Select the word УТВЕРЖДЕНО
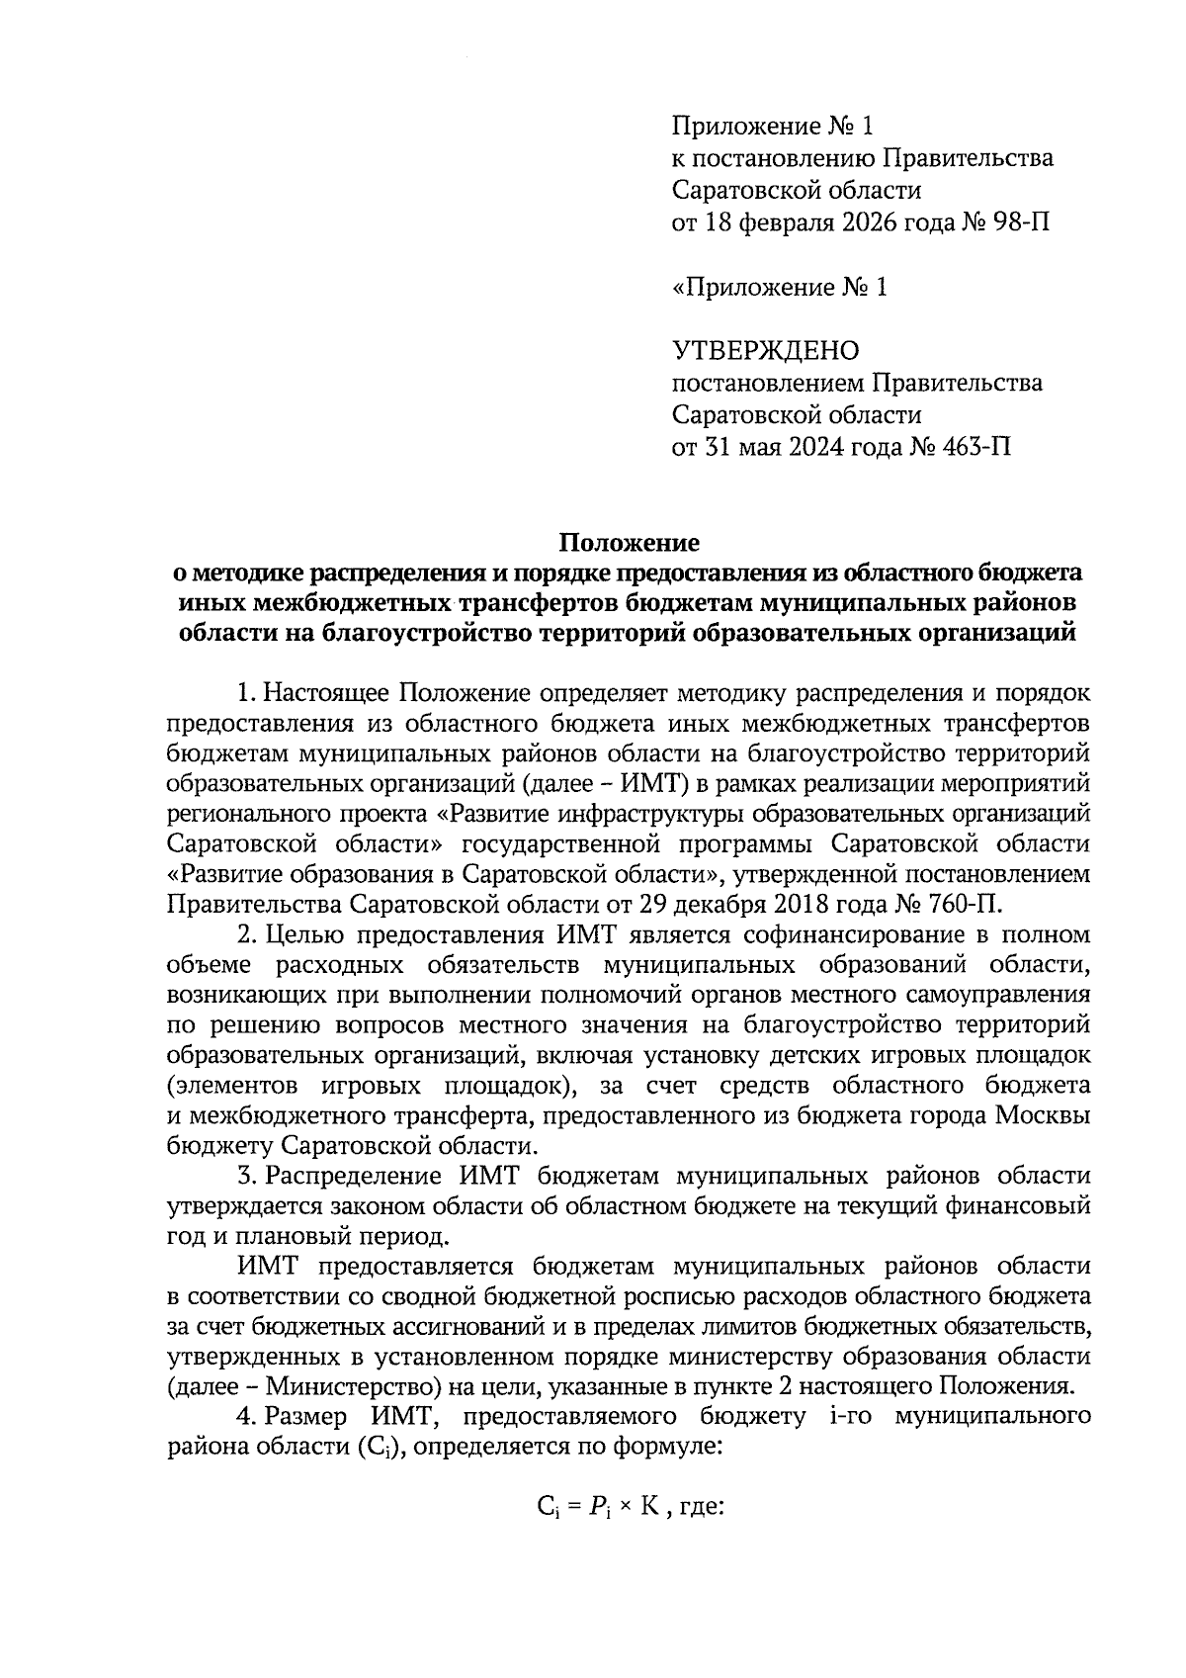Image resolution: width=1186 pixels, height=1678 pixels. click(766, 350)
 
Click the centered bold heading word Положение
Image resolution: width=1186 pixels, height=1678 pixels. click(630, 542)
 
